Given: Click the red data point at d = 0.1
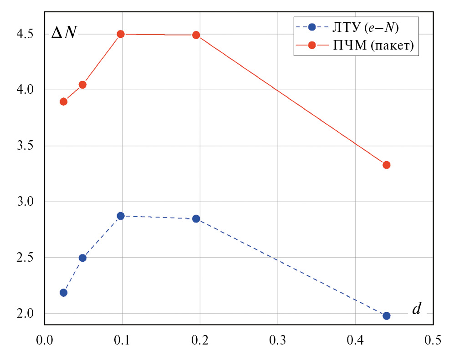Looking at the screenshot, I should coord(121,34).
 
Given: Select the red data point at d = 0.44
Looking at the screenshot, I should coord(386,165).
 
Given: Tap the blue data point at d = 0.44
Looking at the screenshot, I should coord(386,316).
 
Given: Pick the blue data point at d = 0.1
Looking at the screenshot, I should coord(121,216).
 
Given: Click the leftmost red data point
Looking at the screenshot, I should coord(64,101).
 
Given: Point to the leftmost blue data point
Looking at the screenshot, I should coord(64,293).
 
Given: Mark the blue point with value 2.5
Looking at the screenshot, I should coord(82,258).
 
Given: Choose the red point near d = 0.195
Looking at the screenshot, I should coord(196,35).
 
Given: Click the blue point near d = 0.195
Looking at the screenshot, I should coord(196,219).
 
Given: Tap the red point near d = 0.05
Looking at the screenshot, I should coord(82,85).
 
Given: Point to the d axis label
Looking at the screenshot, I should coord(416,309).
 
